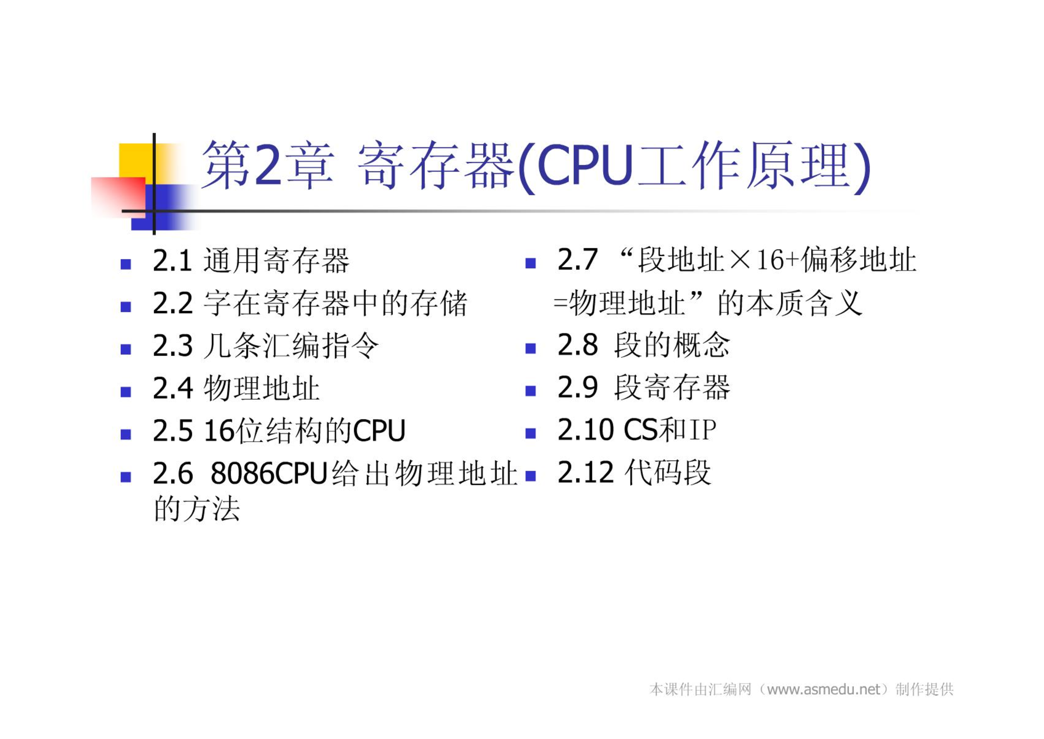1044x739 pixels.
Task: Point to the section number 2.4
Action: pos(172,388)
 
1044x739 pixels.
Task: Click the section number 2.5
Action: pos(172,431)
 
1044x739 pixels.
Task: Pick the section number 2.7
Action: pos(578,259)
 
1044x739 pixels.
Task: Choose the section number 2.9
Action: pos(578,387)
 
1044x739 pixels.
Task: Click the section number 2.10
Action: pos(586,430)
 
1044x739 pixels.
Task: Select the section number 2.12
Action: pos(586,472)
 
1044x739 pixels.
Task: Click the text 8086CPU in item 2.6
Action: pos(269,473)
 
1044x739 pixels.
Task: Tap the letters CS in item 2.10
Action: pos(641,430)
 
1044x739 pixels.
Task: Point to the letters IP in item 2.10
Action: pos(703,430)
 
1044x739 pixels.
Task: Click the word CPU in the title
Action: pos(585,165)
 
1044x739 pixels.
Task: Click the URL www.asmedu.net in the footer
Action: pos(823,689)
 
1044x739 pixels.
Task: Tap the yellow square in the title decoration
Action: pos(136,160)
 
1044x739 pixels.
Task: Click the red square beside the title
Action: pos(118,197)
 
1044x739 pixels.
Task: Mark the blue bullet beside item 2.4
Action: pos(126,392)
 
